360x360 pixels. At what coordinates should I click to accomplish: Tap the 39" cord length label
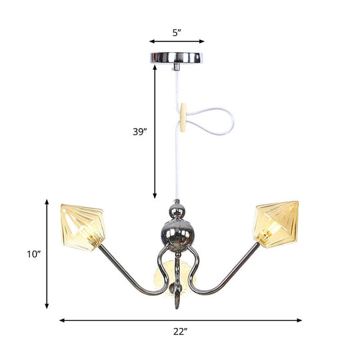[x=139, y=131]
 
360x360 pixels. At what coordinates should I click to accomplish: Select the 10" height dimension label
[x=34, y=254]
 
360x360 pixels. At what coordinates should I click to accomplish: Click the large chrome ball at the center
[x=177, y=233]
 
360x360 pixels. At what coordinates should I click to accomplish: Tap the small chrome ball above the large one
[x=177, y=211]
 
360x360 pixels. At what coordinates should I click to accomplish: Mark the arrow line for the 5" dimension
[x=177, y=40]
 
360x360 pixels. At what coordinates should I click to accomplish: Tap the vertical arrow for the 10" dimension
[x=47, y=253]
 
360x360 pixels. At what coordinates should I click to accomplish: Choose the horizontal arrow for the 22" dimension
[x=180, y=320]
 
